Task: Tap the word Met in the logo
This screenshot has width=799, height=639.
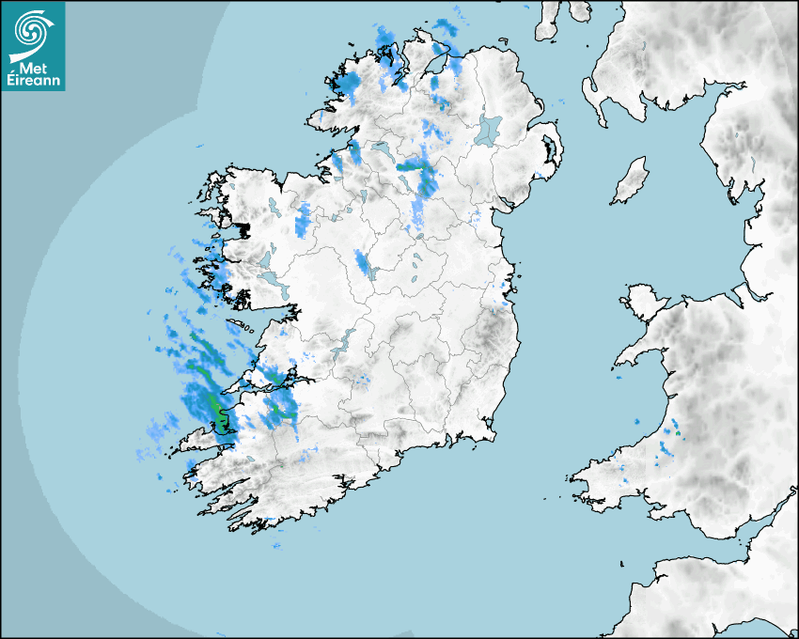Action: (34, 69)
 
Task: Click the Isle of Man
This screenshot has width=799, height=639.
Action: (631, 181)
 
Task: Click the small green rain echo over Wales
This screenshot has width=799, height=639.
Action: (678, 435)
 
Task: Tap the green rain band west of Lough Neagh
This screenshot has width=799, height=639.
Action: (414, 166)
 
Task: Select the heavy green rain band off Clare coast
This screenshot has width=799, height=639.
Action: (215, 406)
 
